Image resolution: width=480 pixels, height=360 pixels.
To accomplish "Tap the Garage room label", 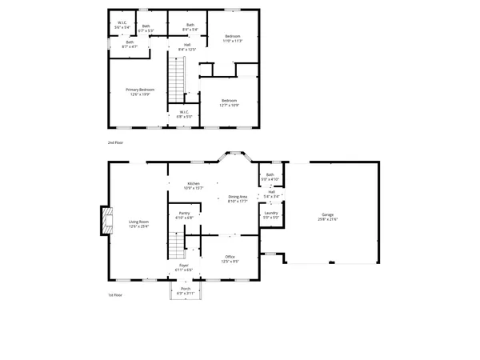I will pyautogui.click(x=327, y=216).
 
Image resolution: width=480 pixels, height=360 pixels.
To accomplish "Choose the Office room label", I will pyautogui.click(x=229, y=258).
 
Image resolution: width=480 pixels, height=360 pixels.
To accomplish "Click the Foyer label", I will pyautogui.click(x=184, y=266).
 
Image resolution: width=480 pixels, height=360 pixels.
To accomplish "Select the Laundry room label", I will pyautogui.click(x=270, y=215).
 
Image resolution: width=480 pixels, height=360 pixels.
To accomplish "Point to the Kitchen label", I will pyautogui.click(x=194, y=186).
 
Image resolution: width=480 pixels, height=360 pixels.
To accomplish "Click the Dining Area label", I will pyautogui.click(x=238, y=198).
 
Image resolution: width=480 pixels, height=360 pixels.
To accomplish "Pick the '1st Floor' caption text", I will pyautogui.click(x=116, y=295).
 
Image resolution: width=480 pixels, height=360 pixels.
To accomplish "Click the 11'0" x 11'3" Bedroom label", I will pyautogui.click(x=232, y=38).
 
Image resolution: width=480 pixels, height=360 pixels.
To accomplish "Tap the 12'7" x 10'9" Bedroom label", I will pyautogui.click(x=230, y=102).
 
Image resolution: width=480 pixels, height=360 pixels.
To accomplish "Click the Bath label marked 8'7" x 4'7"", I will pyautogui.click(x=129, y=45).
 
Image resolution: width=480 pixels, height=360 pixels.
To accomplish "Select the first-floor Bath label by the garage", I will pyautogui.click(x=270, y=177).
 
